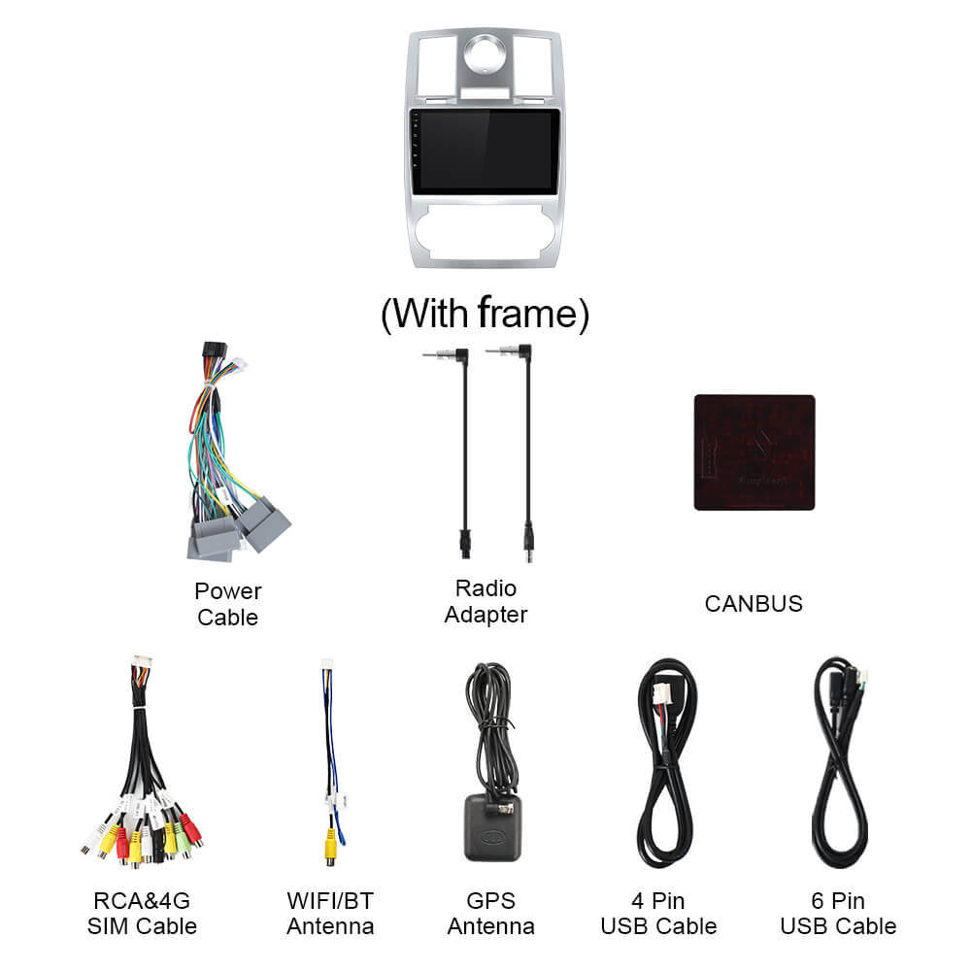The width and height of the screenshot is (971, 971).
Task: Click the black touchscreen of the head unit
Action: coord(485,151)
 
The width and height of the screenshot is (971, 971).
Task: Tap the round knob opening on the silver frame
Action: coord(485,54)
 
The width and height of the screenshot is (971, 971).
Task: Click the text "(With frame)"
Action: coord(485,314)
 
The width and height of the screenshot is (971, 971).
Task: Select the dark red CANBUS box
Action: coord(754,452)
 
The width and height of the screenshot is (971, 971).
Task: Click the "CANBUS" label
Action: coord(753,604)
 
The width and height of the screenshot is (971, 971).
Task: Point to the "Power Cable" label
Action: coord(228,604)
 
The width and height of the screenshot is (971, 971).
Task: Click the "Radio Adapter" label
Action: coord(485,601)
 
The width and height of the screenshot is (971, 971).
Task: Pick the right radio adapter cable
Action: coord(527,452)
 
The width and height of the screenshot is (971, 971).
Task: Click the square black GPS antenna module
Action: coord(493,828)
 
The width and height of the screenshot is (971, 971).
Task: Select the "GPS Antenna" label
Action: coord(491,914)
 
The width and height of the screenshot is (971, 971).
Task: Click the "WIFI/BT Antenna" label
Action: coord(330,914)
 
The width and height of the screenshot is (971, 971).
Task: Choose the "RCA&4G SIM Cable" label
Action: coord(142,914)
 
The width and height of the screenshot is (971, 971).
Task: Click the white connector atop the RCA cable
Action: coord(142,664)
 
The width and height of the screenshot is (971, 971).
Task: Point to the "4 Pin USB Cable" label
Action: coord(658,914)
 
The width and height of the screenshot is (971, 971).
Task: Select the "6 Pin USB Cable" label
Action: coord(838,914)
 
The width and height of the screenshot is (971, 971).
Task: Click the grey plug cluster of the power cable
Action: coord(239,529)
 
